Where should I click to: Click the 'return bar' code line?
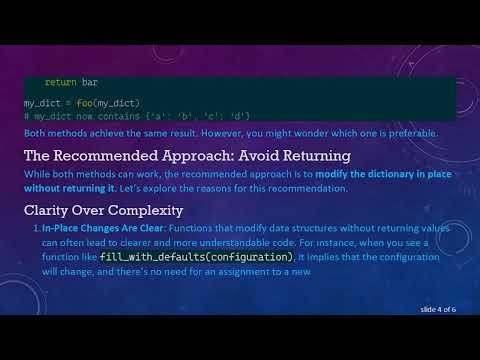click(x=71, y=80)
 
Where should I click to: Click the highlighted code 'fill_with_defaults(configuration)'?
click(x=196, y=257)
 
